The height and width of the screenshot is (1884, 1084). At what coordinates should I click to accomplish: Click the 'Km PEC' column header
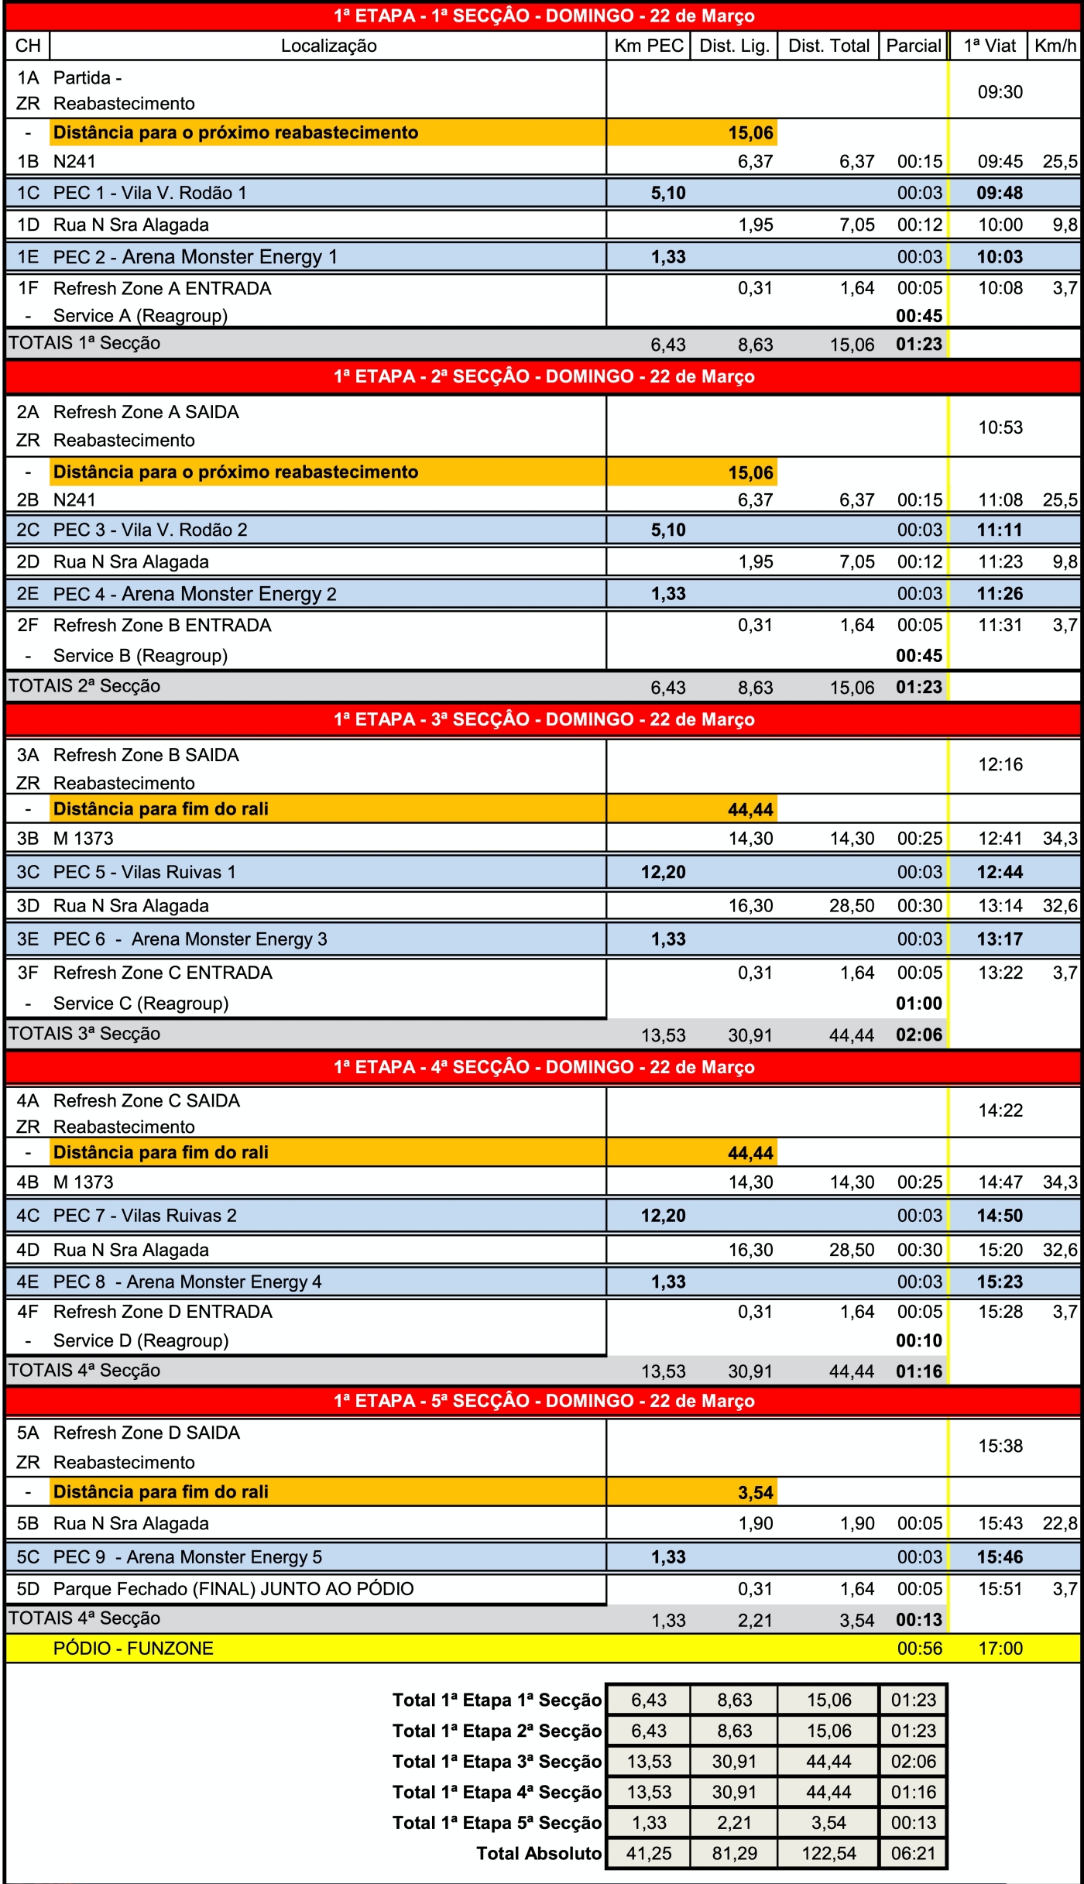click(x=648, y=46)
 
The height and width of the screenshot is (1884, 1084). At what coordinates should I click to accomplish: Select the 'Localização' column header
click(x=328, y=46)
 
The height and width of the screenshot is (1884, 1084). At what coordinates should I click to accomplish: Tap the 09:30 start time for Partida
click(x=1000, y=92)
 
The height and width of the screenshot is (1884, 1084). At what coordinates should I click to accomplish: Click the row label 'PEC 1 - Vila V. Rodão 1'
click(x=149, y=193)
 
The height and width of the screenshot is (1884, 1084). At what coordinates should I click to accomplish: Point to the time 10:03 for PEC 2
click(x=1000, y=257)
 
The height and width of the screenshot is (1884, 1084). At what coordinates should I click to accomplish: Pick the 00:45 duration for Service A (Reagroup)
click(x=919, y=316)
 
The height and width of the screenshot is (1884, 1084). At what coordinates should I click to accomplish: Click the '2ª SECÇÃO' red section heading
click(x=544, y=377)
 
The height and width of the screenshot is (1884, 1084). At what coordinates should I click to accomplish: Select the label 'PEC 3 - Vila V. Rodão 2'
click(x=150, y=530)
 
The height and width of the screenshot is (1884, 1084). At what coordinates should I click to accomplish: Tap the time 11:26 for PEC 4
click(x=1000, y=594)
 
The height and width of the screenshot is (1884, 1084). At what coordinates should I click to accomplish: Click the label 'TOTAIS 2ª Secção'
click(x=84, y=686)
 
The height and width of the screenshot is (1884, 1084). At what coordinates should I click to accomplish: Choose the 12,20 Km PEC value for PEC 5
click(x=663, y=873)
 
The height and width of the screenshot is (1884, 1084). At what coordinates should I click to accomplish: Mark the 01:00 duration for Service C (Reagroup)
click(x=919, y=1004)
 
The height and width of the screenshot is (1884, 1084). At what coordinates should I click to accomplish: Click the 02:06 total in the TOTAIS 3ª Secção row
click(x=919, y=1035)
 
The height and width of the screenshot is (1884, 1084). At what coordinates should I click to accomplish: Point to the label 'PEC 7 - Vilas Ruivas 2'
click(x=145, y=1216)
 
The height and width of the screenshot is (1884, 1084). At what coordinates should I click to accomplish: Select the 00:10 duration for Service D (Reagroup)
click(x=919, y=1340)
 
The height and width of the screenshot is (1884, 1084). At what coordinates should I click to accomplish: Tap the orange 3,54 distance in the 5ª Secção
click(x=755, y=1493)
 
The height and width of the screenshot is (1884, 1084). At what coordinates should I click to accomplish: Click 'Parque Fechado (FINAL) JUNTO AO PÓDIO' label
click(x=233, y=1589)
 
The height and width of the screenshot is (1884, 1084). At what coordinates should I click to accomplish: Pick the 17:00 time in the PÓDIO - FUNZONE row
click(x=1000, y=1649)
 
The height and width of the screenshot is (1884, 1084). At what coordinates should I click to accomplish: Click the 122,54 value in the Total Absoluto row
click(x=828, y=1853)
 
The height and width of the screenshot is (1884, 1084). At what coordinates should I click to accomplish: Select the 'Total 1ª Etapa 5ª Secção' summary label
click(x=496, y=1823)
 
